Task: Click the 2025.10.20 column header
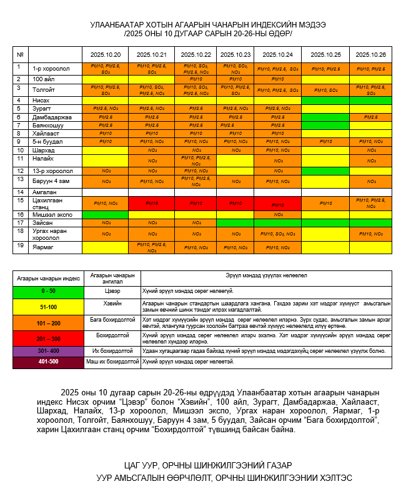(110, 55)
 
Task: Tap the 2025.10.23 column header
(235, 55)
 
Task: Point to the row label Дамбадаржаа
(49, 117)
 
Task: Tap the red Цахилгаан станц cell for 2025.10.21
(151, 204)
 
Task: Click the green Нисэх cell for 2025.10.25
(325, 100)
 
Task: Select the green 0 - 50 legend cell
(48, 291)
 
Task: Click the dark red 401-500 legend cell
(48, 362)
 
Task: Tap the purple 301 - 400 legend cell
(48, 351)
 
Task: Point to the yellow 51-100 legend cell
(48, 307)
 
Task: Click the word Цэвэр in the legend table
(112, 291)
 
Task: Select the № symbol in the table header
(20, 55)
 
